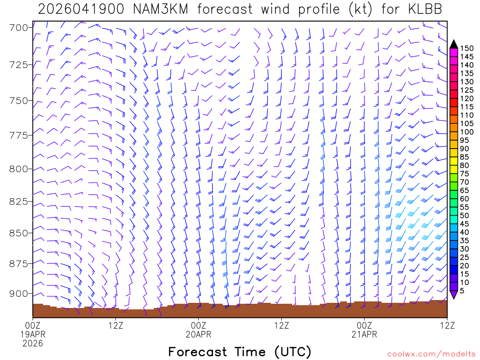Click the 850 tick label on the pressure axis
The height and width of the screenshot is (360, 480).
[19, 233]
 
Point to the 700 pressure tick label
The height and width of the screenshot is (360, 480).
[19, 27]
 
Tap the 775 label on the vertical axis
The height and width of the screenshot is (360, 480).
[19, 135]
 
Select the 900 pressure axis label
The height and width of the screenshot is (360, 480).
[19, 293]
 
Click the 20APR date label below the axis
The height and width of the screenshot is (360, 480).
[198, 334]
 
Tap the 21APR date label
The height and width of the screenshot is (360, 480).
[364, 334]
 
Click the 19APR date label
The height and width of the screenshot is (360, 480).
[33, 334]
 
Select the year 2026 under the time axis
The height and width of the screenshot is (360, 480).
[33, 344]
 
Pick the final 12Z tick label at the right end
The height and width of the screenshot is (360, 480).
[447, 325]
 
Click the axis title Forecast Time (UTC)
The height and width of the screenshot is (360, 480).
[240, 352]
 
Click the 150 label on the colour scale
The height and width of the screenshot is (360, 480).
[466, 48]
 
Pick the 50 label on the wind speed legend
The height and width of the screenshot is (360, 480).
[465, 216]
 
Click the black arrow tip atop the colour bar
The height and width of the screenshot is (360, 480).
[453, 44]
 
